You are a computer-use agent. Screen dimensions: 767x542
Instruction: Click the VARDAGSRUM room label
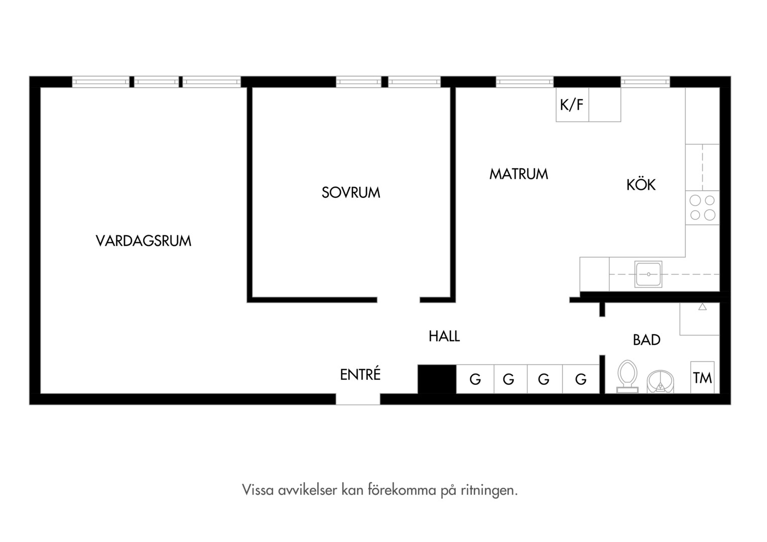[x=144, y=241]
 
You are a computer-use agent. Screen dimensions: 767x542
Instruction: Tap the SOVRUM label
[x=351, y=192]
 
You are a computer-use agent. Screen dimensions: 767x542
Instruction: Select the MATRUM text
[x=519, y=174]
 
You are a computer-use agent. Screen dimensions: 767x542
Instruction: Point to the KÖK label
[x=641, y=184]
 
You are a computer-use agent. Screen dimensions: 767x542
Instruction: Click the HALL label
[x=444, y=336]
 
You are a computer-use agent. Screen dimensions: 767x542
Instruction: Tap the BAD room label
[x=647, y=340]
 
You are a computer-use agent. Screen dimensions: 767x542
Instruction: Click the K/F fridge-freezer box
[x=572, y=105]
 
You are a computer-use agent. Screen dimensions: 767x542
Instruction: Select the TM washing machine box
[x=702, y=377]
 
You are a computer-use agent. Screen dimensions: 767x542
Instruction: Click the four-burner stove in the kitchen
[x=702, y=208]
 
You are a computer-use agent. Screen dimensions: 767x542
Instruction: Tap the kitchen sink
[x=648, y=274]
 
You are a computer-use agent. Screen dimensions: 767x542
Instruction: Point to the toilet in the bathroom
[x=627, y=376]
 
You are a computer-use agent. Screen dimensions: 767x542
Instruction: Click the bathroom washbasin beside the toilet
[x=660, y=382]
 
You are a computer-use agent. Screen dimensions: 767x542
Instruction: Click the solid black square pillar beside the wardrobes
[x=437, y=379]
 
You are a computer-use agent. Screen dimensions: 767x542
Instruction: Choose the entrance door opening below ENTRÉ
[x=358, y=399]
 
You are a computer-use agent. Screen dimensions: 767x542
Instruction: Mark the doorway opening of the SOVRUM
[x=399, y=300]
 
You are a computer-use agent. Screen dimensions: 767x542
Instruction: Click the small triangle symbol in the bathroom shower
[x=702, y=307]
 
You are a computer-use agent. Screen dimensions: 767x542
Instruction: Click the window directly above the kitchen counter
[x=645, y=82]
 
